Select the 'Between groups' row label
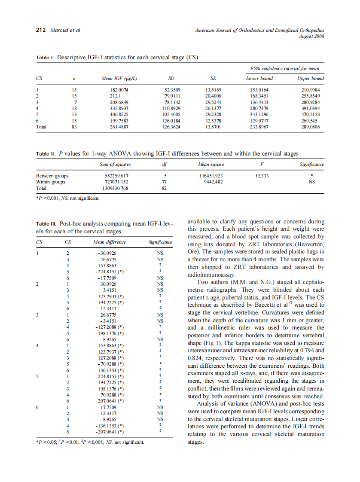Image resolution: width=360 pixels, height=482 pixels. click(52, 176)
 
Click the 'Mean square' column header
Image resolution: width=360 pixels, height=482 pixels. click(211, 165)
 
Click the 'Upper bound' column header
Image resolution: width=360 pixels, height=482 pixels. click(311, 78)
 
